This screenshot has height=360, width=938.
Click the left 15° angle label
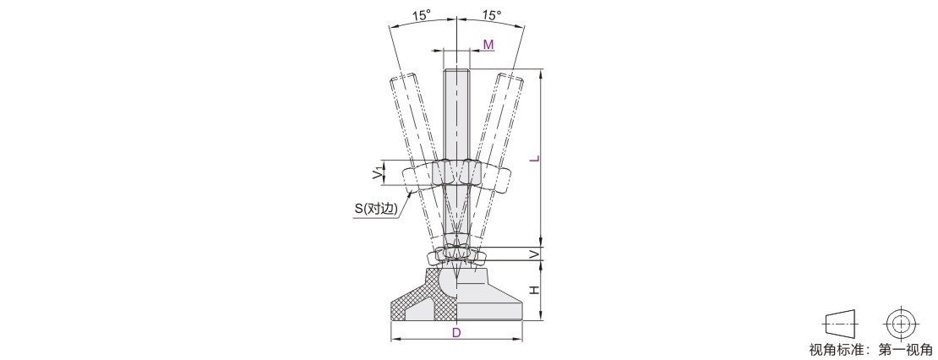coord(422,15)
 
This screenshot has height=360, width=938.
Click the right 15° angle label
coord(491,15)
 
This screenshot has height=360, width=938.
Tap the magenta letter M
coord(488,44)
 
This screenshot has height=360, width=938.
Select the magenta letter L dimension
coord(536,159)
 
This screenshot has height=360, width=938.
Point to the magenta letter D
coord(456,332)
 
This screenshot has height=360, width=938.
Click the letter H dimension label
coord(536,290)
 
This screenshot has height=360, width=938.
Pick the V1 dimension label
coord(376,173)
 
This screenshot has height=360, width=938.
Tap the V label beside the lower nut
coord(536,254)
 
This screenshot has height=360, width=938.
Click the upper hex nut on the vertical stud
coord(456,172)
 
